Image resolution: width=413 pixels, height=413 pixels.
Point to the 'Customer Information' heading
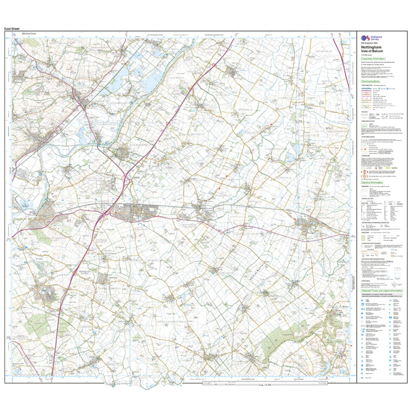point(374,59)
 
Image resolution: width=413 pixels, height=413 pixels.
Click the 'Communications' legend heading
point(371,81)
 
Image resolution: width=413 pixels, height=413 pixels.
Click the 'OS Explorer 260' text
point(369,43)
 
